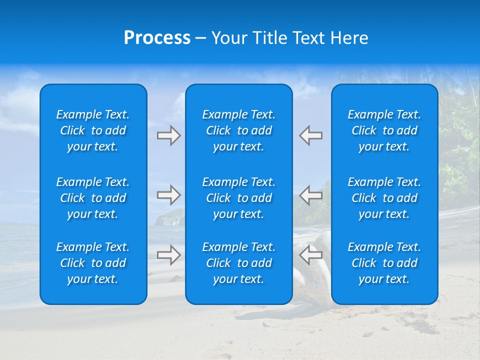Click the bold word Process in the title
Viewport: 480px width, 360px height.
point(157,38)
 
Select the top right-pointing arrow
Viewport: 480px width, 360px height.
point(168,135)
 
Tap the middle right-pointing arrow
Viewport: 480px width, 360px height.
point(168,195)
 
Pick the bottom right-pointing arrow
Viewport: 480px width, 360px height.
point(168,255)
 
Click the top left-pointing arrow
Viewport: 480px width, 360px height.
point(310,135)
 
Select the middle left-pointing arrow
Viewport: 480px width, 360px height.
point(310,195)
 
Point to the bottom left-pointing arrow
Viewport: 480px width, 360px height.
point(310,255)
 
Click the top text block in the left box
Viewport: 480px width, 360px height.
point(93,130)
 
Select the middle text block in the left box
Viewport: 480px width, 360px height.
point(93,198)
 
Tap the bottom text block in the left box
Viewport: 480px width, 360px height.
point(93,263)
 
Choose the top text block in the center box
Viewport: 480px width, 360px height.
point(239,130)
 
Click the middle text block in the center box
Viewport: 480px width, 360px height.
point(239,198)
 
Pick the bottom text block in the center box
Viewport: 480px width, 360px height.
point(239,263)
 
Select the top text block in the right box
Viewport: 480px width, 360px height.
point(384,130)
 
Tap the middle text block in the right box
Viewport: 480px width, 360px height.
point(384,198)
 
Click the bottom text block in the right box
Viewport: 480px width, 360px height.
point(384,263)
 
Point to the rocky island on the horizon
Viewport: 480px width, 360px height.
point(169,218)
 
